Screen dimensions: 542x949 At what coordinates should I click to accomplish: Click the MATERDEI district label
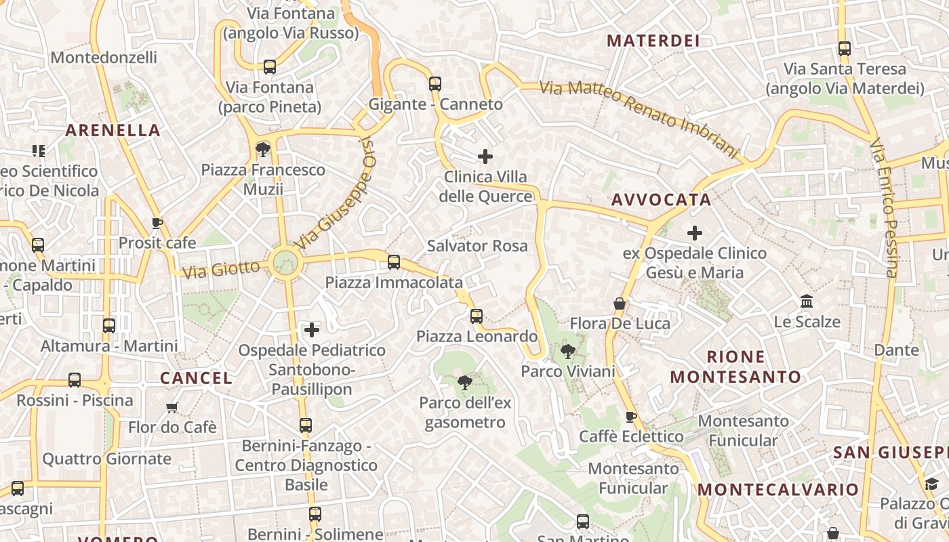653,41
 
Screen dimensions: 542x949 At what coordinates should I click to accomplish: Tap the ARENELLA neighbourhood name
113,130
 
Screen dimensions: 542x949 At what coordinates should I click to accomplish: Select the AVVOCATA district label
661,200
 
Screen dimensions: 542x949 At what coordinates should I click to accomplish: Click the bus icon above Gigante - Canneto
435,84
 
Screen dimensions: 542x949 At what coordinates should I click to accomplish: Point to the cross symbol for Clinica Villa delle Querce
485,157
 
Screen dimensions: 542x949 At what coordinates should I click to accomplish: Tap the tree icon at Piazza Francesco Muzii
262,150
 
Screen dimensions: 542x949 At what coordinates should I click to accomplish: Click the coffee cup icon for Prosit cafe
157,223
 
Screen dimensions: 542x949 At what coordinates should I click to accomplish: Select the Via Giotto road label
221,269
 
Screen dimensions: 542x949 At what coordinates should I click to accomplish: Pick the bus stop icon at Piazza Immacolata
394,262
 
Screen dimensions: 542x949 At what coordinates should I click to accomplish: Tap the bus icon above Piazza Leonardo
477,316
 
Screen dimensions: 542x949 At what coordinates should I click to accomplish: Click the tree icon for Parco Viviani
568,351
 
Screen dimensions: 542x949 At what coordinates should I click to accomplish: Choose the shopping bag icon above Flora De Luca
620,304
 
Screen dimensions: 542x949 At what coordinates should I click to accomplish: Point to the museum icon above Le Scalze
807,301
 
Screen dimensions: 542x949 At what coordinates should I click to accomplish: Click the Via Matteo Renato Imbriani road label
638,118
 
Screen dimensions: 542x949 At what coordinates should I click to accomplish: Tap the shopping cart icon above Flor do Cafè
172,407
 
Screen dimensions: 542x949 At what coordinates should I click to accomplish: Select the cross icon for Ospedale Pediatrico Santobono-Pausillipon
312,330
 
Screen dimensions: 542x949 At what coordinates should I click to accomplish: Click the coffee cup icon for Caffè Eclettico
630,416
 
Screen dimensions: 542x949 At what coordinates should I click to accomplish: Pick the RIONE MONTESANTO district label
735,367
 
